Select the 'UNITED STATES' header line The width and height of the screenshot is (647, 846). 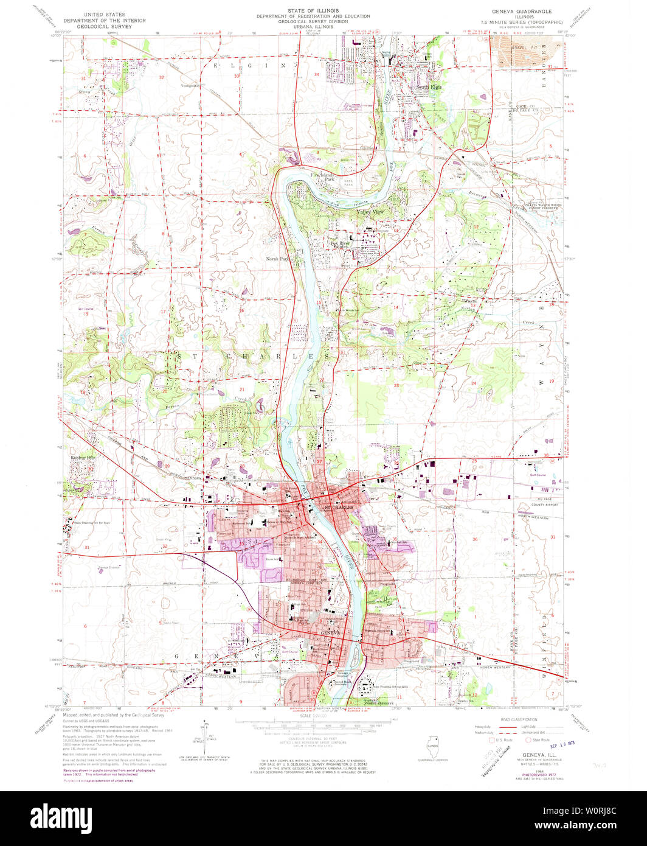tap(104, 13)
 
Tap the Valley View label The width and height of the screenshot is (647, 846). tap(370, 211)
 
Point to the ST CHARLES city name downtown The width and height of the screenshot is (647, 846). tap(338, 507)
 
